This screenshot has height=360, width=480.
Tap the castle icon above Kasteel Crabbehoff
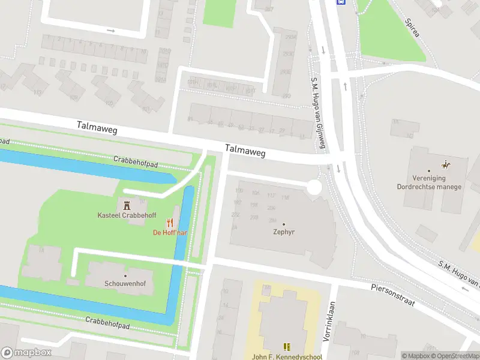pos(127,204)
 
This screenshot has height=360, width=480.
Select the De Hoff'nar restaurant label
pos(171,232)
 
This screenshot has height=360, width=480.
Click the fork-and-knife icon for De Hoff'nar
pos(176,222)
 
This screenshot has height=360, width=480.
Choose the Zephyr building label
pos(283,232)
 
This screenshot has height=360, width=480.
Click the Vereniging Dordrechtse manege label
pos(429,182)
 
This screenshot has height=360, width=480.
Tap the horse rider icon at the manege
pos(445,164)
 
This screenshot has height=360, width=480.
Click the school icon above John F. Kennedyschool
pos(286,346)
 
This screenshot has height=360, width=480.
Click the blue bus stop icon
pos(341,2)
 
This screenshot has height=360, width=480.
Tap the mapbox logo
pos(26,353)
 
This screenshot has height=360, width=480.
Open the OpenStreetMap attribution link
pos(455,356)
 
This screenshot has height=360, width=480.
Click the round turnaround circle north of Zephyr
pos(314,188)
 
